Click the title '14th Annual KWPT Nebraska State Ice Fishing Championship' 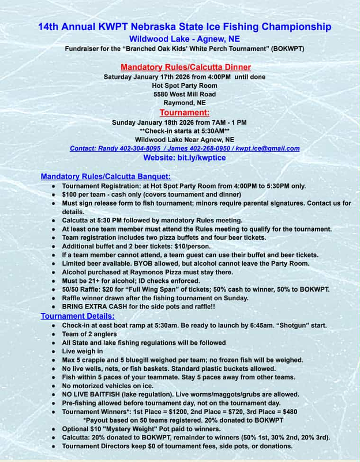pyautogui.click(x=185, y=27)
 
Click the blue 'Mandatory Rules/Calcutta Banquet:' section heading pyautogui.click(x=106, y=176)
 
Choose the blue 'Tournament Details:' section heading pyautogui.click(x=77, y=316)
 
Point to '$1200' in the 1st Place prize pyautogui.click(x=172, y=412)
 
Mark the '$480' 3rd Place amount pyautogui.click(x=291, y=412)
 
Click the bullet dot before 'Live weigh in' pyautogui.click(x=54, y=351)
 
